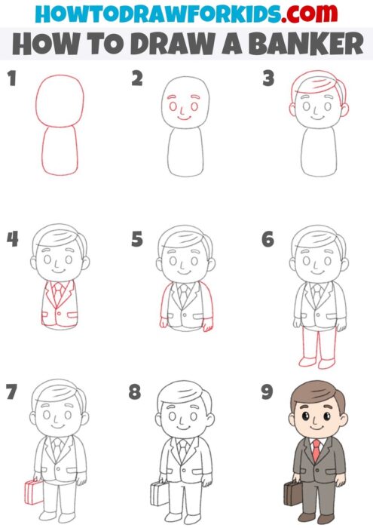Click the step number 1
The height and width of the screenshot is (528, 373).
[11, 78]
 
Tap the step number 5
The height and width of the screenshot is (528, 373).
[137, 240]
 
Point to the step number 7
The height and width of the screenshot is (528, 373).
[11, 392]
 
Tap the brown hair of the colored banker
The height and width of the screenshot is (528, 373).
[315, 396]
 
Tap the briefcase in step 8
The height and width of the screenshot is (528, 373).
[158, 494]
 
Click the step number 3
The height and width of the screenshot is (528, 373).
[268, 78]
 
